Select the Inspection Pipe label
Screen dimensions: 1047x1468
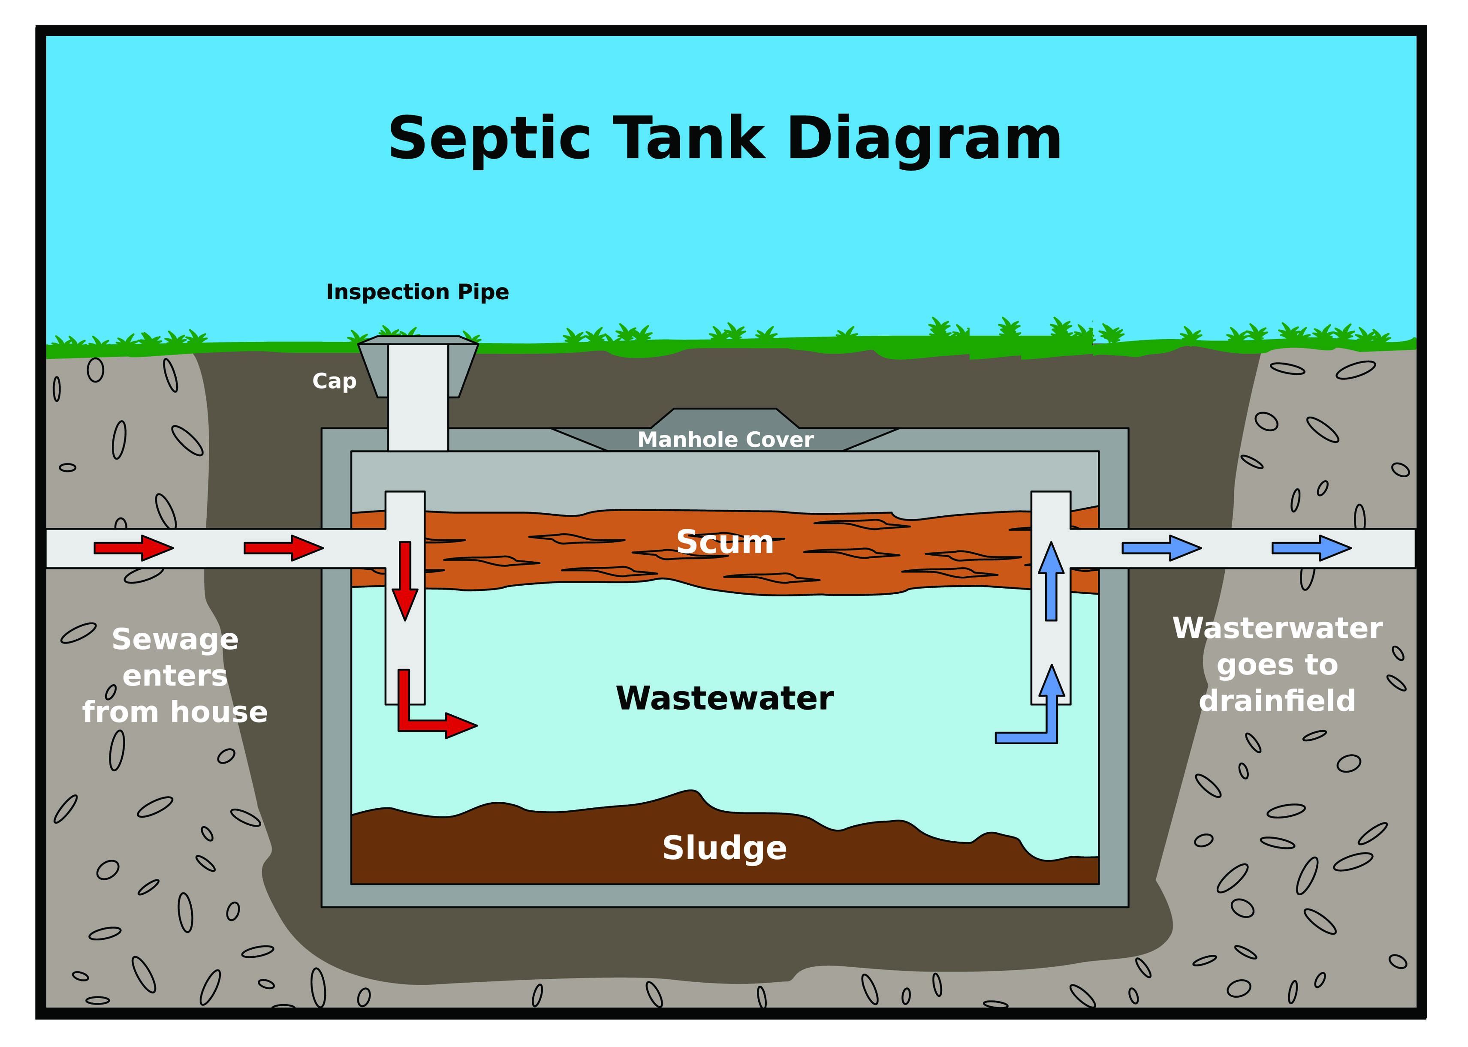pos(417,292)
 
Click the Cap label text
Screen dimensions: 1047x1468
pos(334,381)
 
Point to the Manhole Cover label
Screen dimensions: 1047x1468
pos(725,440)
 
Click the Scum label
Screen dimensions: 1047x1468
pos(725,542)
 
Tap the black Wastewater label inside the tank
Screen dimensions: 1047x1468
pos(725,698)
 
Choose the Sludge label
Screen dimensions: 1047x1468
pos(725,848)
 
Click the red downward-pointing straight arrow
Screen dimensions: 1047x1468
pos(405,580)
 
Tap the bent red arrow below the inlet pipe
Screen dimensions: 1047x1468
pos(425,716)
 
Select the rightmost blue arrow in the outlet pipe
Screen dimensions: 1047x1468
pos(1311,548)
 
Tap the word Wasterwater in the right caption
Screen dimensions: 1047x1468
pos(1277,629)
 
